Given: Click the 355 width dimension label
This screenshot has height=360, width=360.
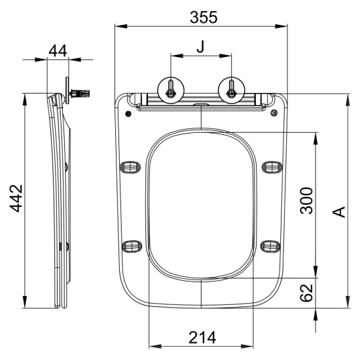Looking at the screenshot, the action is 204,17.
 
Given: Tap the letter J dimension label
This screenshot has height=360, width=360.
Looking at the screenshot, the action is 200,46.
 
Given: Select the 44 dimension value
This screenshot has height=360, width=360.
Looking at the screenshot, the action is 58,51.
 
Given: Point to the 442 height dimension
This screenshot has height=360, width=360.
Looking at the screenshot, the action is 16,198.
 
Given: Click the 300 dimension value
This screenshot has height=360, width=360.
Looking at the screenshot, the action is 306,201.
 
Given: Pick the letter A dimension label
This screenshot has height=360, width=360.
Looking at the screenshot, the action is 339,211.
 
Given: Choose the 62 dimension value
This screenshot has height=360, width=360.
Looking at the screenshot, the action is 306,293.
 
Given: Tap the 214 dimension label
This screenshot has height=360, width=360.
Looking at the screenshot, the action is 202,337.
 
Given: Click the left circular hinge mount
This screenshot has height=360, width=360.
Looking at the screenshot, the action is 171,90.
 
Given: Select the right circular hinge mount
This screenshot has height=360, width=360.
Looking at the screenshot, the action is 232,90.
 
